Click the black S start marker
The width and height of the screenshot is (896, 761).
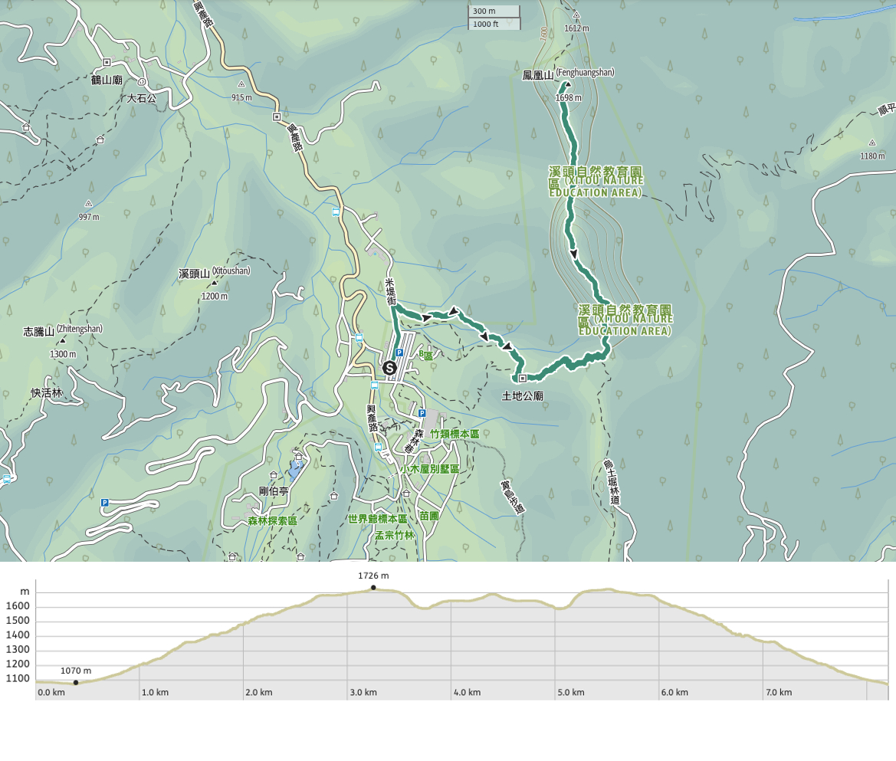pos(389,368)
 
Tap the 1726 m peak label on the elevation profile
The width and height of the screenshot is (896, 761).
pos(373,576)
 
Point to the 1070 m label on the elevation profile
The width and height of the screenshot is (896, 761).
pos(76,671)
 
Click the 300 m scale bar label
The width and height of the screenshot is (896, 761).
pos(484,11)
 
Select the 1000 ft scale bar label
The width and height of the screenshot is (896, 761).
pos(486,24)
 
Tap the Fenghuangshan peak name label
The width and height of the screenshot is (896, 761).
pos(568,74)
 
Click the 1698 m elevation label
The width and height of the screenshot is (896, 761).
pos(568,98)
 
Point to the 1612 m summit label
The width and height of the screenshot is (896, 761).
pos(576,28)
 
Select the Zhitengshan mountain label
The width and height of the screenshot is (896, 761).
pos(63,330)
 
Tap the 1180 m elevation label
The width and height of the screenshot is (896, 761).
pos(872,156)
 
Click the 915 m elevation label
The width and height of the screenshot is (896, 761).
pos(241,97)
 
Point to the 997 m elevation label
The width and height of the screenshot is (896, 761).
pos(89,217)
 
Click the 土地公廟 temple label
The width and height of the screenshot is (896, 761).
pos(522,396)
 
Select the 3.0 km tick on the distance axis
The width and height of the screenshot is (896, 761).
pos(363,692)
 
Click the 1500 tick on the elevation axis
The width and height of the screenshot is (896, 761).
pos(19,621)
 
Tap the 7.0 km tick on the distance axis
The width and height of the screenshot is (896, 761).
pos(778,692)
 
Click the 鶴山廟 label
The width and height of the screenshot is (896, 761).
pos(107,80)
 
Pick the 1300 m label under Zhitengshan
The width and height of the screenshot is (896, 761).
pos(63,354)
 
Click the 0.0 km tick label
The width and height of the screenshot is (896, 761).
pos(51,692)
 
